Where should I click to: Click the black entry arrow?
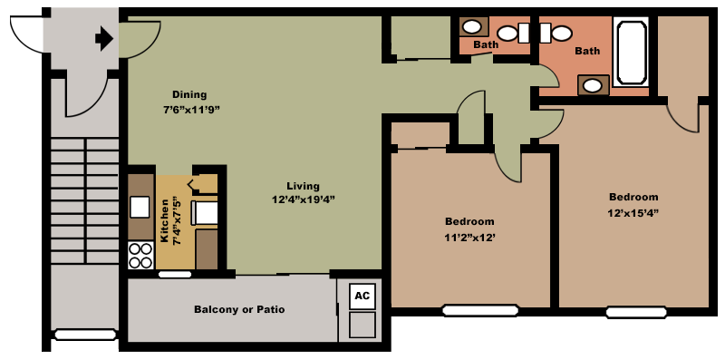pyautogui.click(x=104, y=39)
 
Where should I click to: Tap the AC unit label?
pyautogui.click(x=362, y=296)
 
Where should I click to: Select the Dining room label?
pyautogui.click(x=189, y=94)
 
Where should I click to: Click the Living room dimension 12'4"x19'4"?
pyautogui.click(x=304, y=199)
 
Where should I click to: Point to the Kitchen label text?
pyautogui.click(x=164, y=220)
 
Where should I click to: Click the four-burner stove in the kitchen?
pyautogui.click(x=141, y=256)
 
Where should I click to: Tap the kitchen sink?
pyautogui.click(x=140, y=207)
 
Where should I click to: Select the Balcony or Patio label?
pyautogui.click(x=239, y=309)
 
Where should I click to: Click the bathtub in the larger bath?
pyautogui.click(x=631, y=51)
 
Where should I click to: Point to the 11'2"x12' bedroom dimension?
pyautogui.click(x=469, y=238)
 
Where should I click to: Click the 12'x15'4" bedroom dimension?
pyautogui.click(x=633, y=213)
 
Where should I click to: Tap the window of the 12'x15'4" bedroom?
pyautogui.click(x=636, y=312)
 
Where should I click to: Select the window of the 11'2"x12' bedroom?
pyautogui.click(x=480, y=310)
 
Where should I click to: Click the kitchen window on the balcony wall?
pyautogui.click(x=175, y=275)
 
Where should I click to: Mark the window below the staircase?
pyautogui.click(x=84, y=334)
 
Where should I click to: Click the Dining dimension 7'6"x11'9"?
pyautogui.click(x=189, y=110)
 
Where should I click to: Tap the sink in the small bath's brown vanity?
pyautogui.click(x=472, y=27)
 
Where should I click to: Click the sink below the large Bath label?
pyautogui.click(x=593, y=85)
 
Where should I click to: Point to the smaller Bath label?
pyautogui.click(x=486, y=44)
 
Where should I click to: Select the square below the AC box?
pyautogui.click(x=362, y=325)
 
